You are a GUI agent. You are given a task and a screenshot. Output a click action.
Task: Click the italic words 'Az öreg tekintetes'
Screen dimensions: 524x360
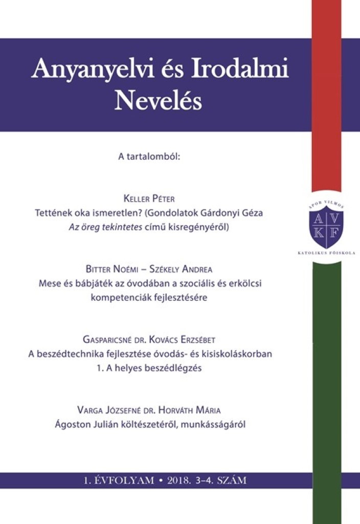pyautogui.click(x=102, y=227)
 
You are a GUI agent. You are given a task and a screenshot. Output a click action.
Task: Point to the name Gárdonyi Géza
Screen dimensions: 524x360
pyautogui.click(x=238, y=213)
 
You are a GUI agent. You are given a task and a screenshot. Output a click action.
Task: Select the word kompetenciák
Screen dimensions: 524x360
pyautogui.click(x=117, y=297)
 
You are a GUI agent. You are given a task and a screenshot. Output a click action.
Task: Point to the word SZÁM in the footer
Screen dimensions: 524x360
pyautogui.click(x=232, y=480)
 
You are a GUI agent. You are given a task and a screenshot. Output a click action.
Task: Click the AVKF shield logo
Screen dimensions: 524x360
pyautogui.click(x=326, y=227)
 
